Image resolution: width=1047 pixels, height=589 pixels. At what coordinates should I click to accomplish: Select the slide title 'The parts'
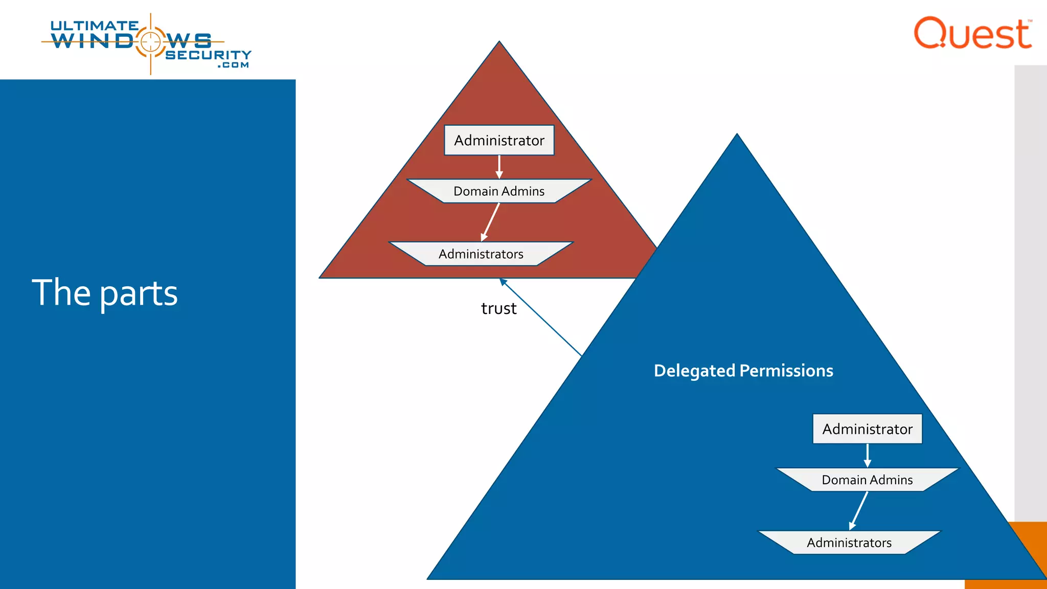105,293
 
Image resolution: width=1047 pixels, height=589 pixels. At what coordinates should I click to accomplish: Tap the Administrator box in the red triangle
499,140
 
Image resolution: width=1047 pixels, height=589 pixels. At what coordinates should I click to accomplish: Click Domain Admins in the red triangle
499,191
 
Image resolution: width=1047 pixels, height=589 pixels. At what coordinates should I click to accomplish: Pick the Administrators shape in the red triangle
481,254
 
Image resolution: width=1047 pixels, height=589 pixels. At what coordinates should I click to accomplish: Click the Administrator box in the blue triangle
867,429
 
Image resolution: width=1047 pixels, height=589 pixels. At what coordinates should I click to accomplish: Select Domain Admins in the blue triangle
867,480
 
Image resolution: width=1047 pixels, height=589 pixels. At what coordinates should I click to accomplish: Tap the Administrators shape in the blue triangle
849,543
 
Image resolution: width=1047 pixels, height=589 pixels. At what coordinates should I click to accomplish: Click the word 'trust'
498,308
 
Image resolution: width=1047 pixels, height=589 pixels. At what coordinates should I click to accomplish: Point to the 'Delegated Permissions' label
743,371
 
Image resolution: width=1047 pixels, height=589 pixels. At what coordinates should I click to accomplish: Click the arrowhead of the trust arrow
503,281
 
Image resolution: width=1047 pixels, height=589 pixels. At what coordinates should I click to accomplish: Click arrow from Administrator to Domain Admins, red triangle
499,167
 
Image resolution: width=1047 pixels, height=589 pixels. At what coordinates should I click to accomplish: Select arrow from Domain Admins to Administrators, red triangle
490,222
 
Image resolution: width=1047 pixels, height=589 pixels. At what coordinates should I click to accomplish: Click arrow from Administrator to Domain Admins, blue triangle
868,455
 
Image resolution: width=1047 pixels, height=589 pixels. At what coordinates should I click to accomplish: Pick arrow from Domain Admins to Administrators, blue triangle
859,510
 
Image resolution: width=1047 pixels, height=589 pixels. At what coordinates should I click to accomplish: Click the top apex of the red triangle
499,43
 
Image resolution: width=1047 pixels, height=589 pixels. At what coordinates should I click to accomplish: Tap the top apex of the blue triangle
737,136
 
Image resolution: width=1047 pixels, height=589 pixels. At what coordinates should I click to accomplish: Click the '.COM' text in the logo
233,65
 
